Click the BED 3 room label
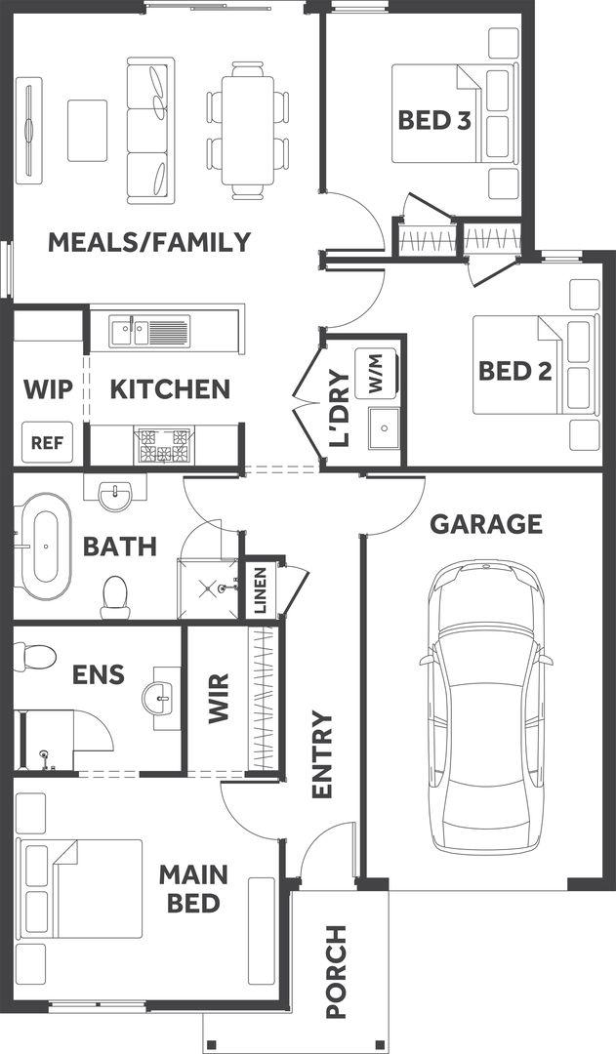point(433,120)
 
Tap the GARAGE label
point(486,524)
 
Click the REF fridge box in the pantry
point(47,442)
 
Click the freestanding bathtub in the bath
point(41,547)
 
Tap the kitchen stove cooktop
point(164,445)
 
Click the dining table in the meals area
point(248,131)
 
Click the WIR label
point(219,699)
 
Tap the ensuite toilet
point(34,657)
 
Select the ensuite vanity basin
point(161,698)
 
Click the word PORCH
point(336,971)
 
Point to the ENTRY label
point(322,754)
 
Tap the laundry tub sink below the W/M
point(384,427)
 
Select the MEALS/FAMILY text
point(149,242)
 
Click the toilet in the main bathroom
point(115,596)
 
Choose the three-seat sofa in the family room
point(150,131)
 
